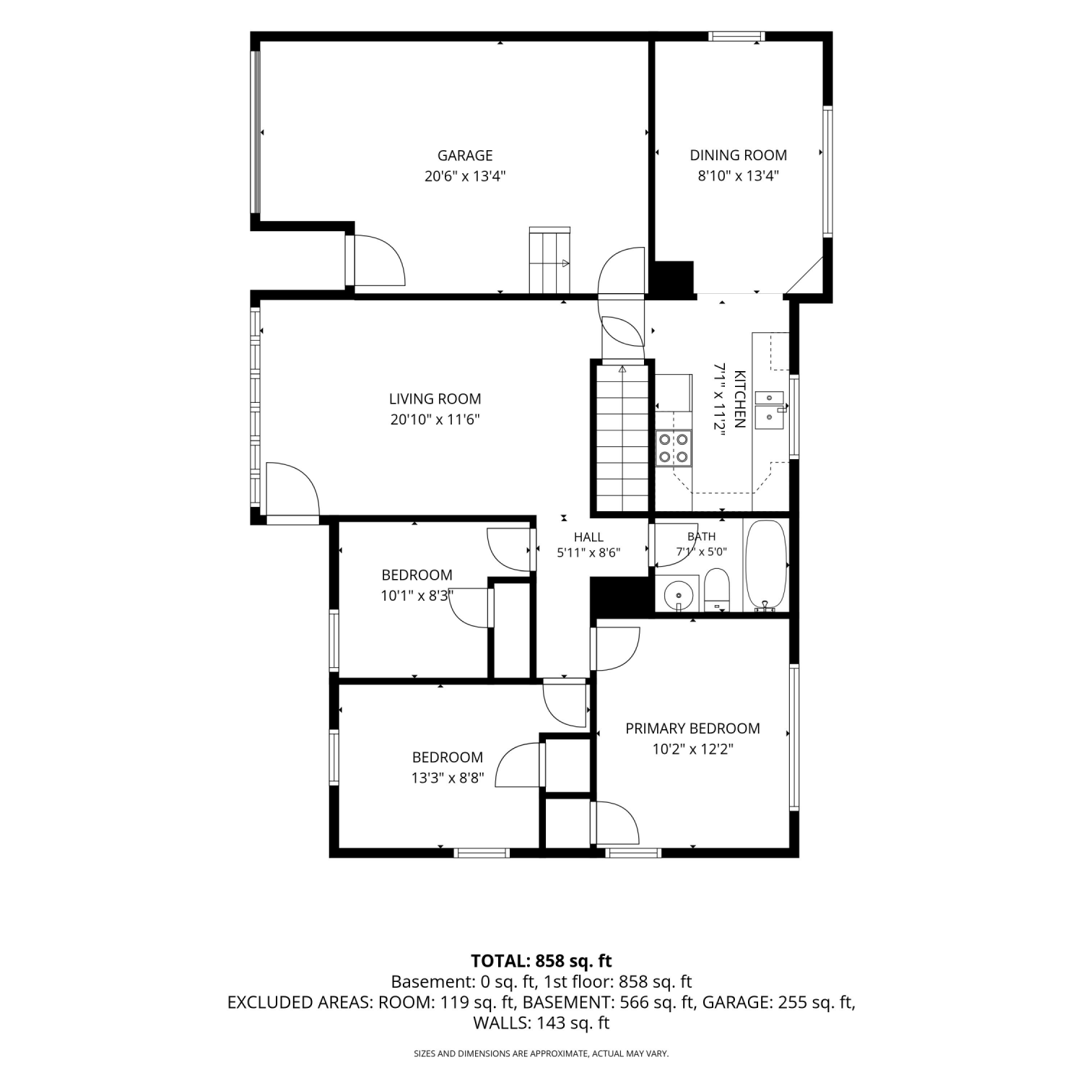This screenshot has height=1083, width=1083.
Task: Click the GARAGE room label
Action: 465,155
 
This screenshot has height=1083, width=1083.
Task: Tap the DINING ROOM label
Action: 738,155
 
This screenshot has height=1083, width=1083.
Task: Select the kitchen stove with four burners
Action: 674,448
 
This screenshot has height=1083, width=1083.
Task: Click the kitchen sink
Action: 770,409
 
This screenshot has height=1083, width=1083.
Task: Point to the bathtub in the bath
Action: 765,565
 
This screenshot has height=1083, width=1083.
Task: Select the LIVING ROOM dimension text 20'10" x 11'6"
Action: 435,419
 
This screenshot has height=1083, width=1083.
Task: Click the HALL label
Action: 588,537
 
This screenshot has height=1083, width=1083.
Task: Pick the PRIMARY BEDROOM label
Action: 692,728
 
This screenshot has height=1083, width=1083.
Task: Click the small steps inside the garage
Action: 550,260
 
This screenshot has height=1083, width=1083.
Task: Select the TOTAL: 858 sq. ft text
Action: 541,961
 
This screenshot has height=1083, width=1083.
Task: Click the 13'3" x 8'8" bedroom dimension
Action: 448,778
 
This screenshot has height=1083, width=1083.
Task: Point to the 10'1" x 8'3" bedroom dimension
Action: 417,596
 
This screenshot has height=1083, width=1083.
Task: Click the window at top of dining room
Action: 736,35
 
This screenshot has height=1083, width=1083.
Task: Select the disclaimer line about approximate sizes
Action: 541,1054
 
